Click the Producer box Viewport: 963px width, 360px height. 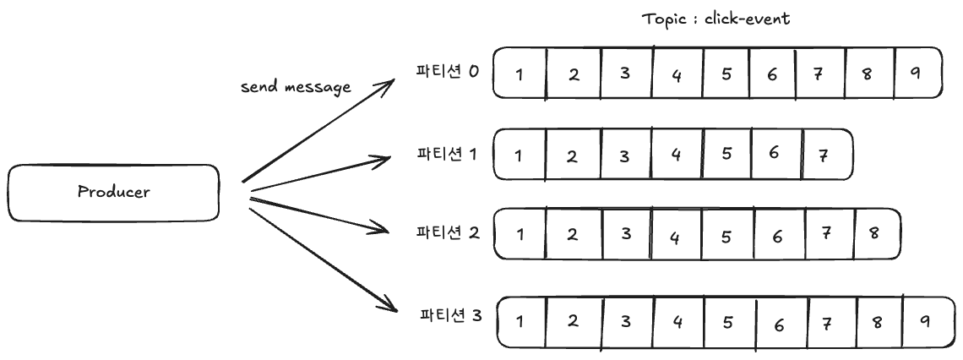pyautogui.click(x=114, y=193)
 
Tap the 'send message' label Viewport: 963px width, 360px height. pyautogui.click(x=296, y=87)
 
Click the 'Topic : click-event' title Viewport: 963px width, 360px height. pyautogui.click(x=716, y=19)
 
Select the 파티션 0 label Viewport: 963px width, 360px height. pyautogui.click(x=447, y=71)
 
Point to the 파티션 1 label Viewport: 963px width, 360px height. pyautogui.click(x=447, y=154)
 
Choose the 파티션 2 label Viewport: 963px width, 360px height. pyautogui.click(x=448, y=233)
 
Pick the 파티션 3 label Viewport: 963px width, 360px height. pyautogui.click(x=451, y=316)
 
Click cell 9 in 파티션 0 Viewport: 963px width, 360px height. pyautogui.click(x=917, y=73)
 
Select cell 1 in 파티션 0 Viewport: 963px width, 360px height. pyautogui.click(x=520, y=74)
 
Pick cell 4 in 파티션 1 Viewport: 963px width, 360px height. pyautogui.click(x=677, y=154)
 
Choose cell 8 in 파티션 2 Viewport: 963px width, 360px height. pyautogui.click(x=877, y=233)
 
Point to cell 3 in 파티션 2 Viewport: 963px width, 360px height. pyautogui.click(x=627, y=233)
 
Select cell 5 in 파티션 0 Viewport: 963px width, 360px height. pyautogui.click(x=726, y=74)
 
